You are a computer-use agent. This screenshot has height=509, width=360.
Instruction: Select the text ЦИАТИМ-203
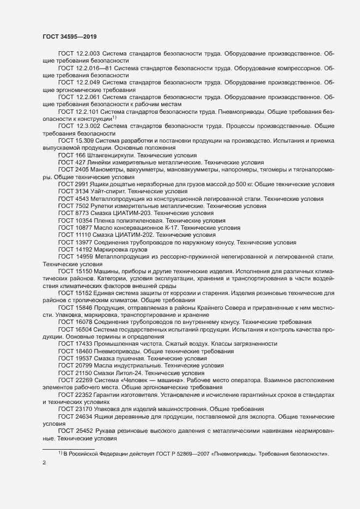pyautogui.click(x=139, y=213)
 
